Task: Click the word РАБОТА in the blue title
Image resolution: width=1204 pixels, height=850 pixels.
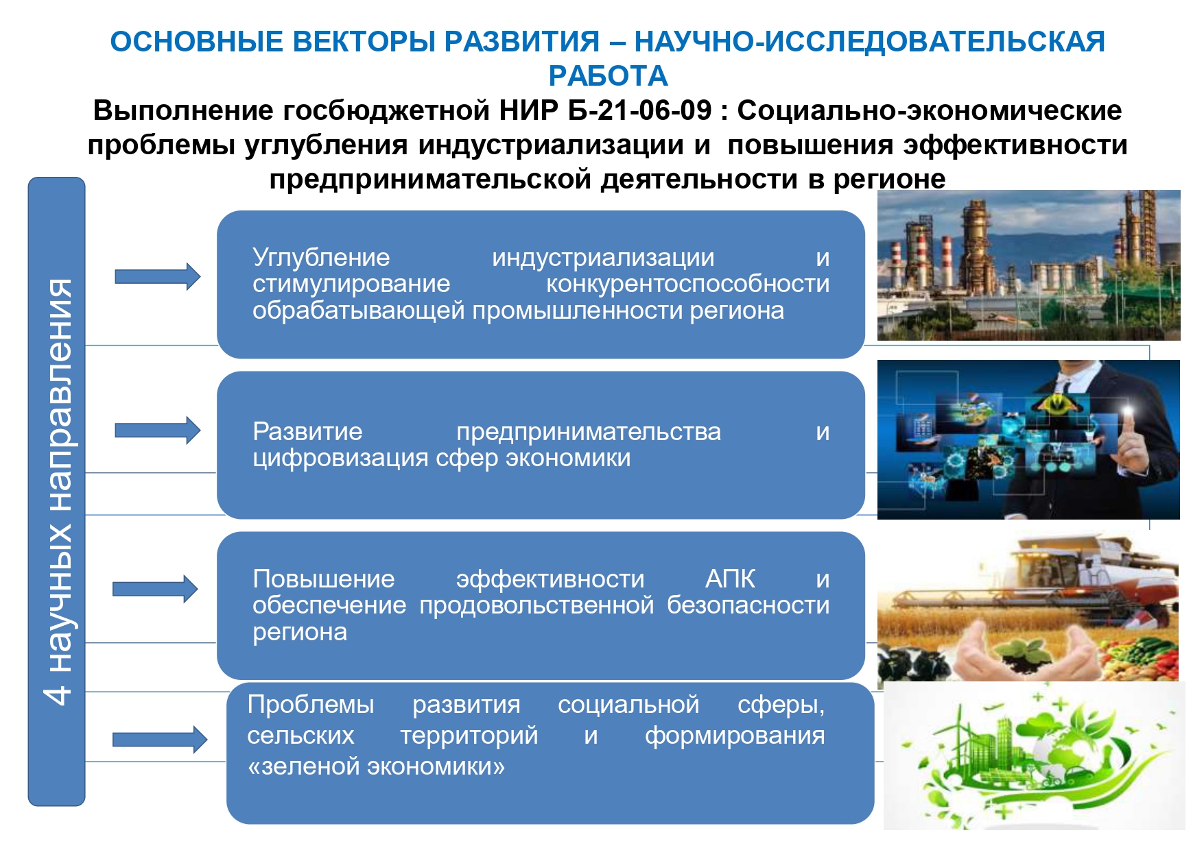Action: pos(608,76)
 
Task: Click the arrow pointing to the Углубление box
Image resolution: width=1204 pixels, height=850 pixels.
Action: pos(157,276)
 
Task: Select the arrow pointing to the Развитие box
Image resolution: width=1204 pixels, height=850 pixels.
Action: pos(157,430)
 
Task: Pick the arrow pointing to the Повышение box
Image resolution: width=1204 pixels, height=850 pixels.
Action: pos(155,589)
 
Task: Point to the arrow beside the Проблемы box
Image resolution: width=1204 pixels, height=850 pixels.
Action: pos(159,740)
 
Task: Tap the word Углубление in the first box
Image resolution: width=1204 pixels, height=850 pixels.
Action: pos(321,258)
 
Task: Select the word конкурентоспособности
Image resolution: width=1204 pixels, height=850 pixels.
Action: pos(687,284)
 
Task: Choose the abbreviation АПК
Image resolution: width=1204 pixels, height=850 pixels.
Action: pos(730,579)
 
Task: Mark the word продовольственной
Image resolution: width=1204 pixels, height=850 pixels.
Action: pos(536,606)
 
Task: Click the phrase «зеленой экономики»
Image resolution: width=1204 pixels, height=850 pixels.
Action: pos(376,766)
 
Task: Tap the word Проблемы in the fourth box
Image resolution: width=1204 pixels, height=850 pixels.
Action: pos(311,705)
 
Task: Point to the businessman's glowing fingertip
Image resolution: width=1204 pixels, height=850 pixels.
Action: pos(1128,412)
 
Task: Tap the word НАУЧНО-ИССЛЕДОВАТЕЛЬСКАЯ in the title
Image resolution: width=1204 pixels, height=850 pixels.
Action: pos(869,42)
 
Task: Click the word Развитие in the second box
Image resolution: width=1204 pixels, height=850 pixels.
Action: pos(307,432)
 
